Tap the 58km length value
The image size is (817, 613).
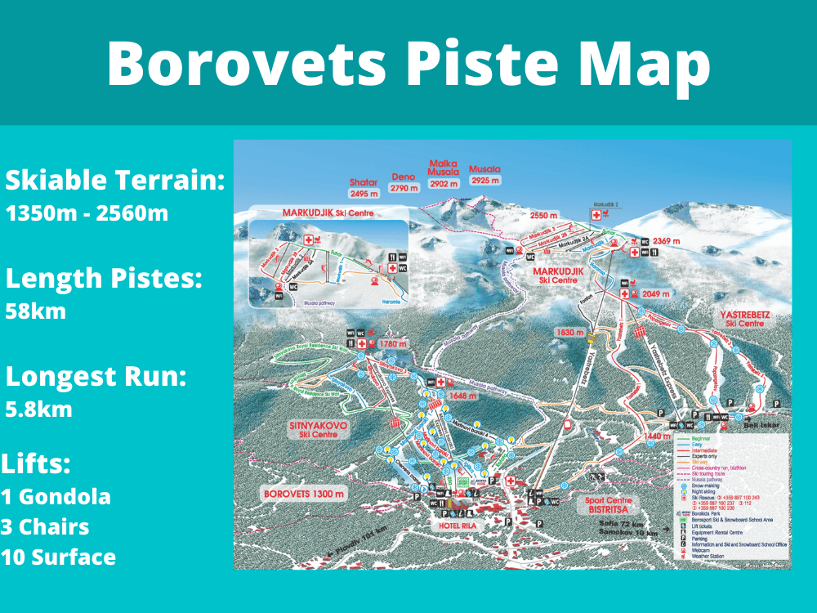click(37, 311)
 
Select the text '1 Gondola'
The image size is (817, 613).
click(56, 496)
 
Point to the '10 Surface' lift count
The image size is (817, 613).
click(58, 557)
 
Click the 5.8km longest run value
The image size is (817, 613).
click(38, 409)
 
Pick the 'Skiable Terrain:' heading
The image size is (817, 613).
click(115, 180)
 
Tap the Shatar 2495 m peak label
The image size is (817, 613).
click(364, 189)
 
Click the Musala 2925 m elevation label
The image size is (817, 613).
click(484, 174)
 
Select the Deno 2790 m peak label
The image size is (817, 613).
click(404, 181)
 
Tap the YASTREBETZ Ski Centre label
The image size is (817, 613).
click(744, 319)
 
